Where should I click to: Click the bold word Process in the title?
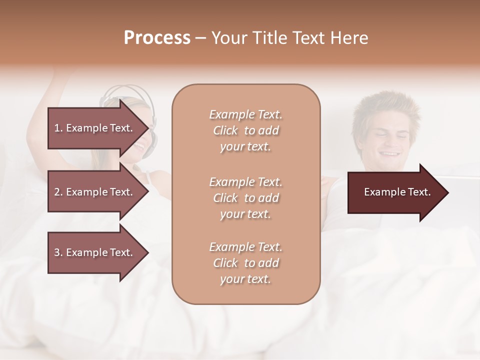click(157, 37)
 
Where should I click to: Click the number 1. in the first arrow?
click(58, 128)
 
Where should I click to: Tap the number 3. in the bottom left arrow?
click(58, 252)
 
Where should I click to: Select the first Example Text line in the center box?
click(245, 115)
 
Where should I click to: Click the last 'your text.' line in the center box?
click(245, 279)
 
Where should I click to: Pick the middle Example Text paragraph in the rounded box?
click(245, 197)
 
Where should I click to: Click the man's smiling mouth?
click(390, 153)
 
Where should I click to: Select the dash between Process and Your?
click(200, 38)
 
